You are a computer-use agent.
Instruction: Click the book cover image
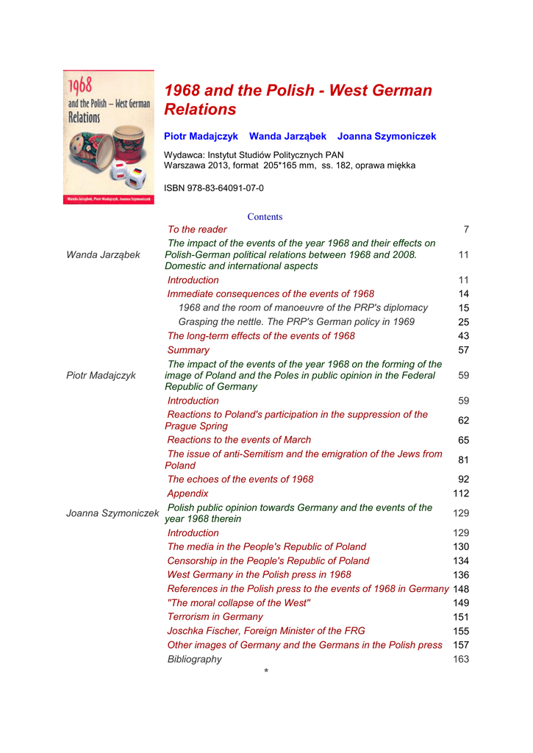coord(108,138)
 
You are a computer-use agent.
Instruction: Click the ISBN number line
coord(214,188)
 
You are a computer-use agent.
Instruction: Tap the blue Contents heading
coord(265,217)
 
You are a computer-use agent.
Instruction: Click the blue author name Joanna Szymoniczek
coord(387,137)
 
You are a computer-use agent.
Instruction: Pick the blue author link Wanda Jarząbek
coord(287,137)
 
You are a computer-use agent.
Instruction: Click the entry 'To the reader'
coord(197,230)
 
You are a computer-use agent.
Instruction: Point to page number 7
coord(466,230)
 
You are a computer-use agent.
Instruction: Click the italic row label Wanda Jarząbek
coord(103,255)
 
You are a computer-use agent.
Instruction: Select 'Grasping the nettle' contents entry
coord(296,322)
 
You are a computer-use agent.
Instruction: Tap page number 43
coord(463,336)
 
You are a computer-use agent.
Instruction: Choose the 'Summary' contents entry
coord(188,350)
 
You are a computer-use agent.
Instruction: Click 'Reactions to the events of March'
coord(239,440)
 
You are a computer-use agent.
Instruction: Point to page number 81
coord(463,460)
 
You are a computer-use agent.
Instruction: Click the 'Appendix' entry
coord(187,493)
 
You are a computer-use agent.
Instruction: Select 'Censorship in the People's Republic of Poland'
coord(268,561)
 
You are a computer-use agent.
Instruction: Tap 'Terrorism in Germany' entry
coord(215,617)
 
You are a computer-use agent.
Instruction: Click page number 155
coord(461,631)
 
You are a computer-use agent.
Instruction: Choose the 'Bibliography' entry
coord(194,660)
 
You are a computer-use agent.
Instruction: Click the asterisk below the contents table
coord(266,671)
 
